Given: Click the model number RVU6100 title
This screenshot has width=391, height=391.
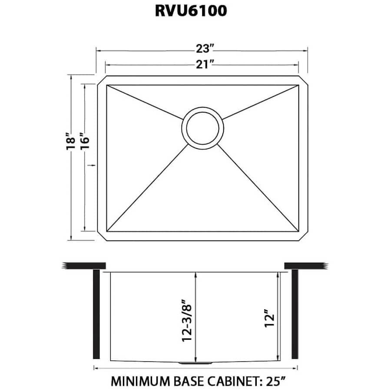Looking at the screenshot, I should click(x=191, y=11).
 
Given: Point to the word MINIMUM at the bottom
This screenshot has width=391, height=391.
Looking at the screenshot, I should click(x=138, y=381).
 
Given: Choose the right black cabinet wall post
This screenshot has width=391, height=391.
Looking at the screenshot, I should click(x=295, y=314).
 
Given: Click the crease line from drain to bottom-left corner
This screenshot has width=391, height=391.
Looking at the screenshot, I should click(x=148, y=187).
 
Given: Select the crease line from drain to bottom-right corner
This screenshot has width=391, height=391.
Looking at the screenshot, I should click(x=258, y=187).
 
